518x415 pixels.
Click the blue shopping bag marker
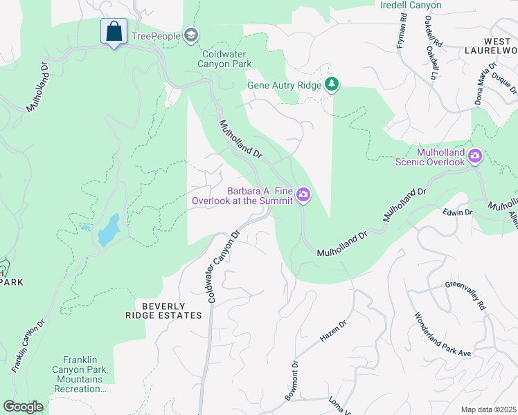[x=114, y=32]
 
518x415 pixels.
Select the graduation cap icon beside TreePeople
[x=191, y=36]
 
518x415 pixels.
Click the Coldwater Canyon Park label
[x=226, y=59]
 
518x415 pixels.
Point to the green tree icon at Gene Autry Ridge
[x=333, y=84]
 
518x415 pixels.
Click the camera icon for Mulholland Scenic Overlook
[x=475, y=156]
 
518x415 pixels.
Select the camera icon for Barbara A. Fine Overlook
[x=303, y=196]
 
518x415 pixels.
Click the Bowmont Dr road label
[x=292, y=380]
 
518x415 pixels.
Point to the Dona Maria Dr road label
[x=484, y=84]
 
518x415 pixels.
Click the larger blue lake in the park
[x=109, y=230]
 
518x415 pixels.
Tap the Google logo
[x=23, y=407]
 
